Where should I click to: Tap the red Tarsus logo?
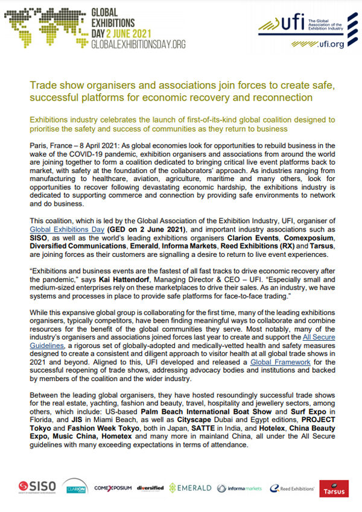(x=334, y=487)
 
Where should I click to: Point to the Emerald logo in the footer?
(x=190, y=487)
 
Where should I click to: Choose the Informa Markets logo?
(x=240, y=487)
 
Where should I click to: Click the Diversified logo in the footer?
(x=150, y=487)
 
